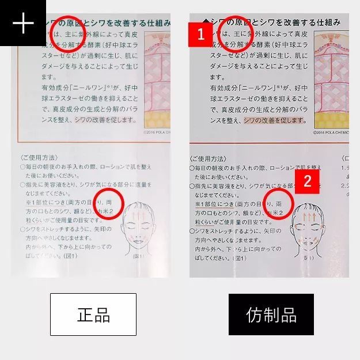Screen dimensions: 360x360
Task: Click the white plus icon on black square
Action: coord(22,23)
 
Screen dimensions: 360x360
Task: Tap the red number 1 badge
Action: coord(201,34)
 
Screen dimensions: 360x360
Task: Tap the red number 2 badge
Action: coord(308,181)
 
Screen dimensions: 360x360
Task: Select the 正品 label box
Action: coord(93,314)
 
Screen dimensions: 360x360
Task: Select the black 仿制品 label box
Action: coord(271,314)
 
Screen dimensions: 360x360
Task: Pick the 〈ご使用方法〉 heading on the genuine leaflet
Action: coord(40,157)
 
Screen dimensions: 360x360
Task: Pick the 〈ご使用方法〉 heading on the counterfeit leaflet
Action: coord(210,158)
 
